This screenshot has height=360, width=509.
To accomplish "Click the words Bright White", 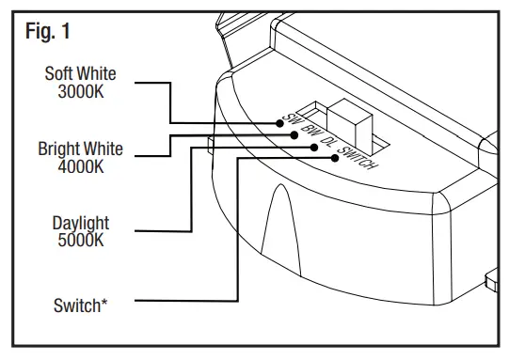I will pos(80,149).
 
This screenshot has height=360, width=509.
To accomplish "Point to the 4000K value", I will pos(80,165).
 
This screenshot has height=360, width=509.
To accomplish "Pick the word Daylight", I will pos(81,224).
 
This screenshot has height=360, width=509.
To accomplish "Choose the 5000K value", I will pos(81,240).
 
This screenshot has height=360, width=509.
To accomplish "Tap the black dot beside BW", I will pos(296,135).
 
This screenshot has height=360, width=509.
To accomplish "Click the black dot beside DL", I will pos(315,147).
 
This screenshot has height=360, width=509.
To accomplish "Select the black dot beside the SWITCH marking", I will pos(336,158).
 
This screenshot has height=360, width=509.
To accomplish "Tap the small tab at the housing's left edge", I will pos(206,144).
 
